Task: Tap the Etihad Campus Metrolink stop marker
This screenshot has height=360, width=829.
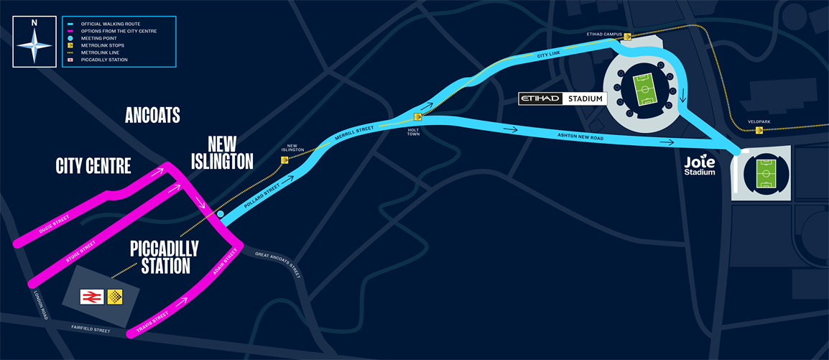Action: [627, 36]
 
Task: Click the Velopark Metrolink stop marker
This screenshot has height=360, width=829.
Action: [759, 130]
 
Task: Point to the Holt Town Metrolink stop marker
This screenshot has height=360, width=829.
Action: [418, 116]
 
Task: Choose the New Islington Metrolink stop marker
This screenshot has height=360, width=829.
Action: [284, 160]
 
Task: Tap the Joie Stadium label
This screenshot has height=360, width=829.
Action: [699, 165]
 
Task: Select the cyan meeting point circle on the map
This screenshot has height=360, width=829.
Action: [221, 214]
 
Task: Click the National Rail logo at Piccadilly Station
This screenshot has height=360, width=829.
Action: [89, 295]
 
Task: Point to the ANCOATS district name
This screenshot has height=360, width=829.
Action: [152, 116]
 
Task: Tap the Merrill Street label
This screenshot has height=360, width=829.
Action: [354, 133]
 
